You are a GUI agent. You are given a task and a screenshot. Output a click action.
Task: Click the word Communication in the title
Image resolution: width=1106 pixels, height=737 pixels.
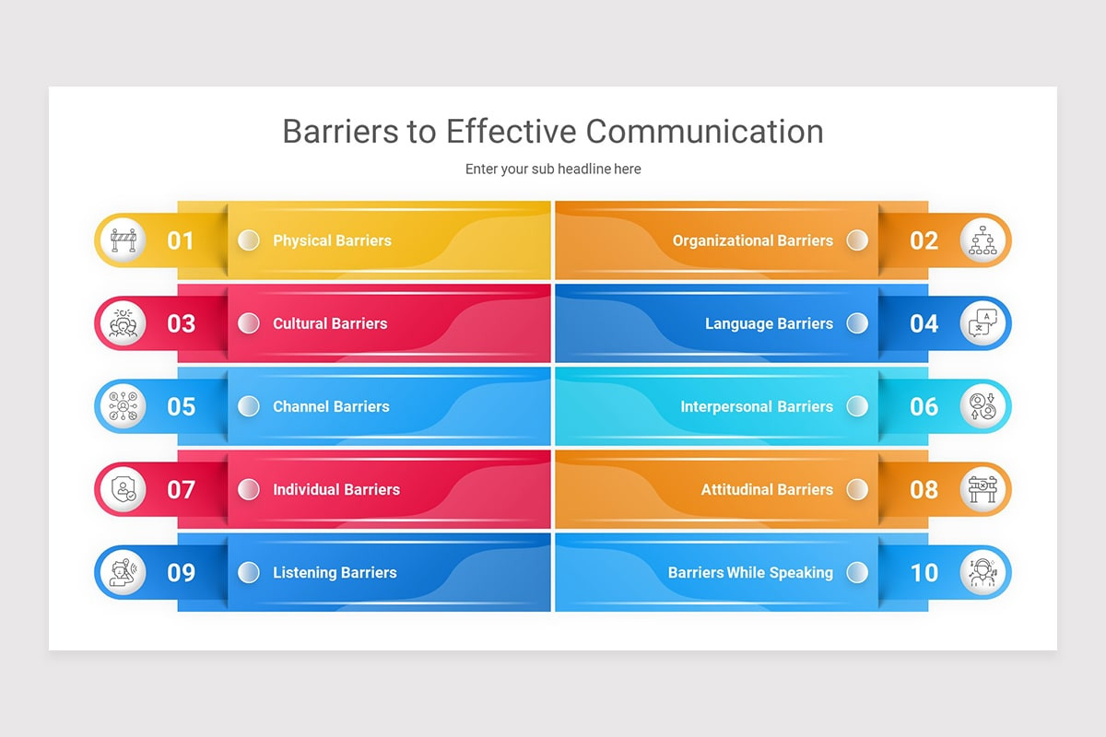click(x=704, y=131)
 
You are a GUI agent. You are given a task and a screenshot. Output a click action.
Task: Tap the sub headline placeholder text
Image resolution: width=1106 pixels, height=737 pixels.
click(x=553, y=170)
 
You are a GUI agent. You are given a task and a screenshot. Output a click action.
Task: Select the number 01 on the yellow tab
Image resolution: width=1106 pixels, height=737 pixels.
click(x=181, y=240)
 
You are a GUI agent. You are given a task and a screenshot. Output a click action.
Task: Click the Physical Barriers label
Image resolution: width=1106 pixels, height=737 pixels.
click(x=332, y=240)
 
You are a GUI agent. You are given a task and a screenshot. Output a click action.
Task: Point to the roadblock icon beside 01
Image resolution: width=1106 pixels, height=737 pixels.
click(x=123, y=240)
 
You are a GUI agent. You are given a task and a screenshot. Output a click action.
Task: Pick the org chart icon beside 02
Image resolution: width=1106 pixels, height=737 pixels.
click(x=982, y=240)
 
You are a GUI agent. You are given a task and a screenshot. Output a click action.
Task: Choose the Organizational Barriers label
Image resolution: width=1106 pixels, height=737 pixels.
click(x=752, y=240)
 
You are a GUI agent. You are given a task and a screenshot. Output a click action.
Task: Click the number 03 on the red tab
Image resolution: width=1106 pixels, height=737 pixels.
click(x=181, y=323)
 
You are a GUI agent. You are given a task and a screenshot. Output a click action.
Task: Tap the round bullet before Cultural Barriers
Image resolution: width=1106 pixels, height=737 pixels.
click(x=248, y=323)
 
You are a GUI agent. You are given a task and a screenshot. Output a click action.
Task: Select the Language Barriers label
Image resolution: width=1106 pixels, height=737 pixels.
click(x=769, y=323)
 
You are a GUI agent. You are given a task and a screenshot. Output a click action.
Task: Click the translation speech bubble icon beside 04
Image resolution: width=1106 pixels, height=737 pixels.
click(x=982, y=323)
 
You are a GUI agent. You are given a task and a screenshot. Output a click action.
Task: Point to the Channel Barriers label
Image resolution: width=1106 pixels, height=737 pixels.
click(x=331, y=406)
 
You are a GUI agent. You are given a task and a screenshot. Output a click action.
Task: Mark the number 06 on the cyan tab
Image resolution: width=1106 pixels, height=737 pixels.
click(x=924, y=406)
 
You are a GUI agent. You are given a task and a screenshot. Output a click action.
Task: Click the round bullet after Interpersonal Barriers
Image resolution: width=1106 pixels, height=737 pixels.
click(x=857, y=406)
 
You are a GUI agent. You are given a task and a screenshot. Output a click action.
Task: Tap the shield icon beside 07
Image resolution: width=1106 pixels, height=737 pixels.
click(x=123, y=489)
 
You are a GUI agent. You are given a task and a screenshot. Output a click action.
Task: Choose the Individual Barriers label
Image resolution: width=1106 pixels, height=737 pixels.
click(x=335, y=489)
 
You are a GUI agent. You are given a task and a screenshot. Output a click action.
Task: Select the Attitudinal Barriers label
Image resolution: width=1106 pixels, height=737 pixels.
click(x=767, y=489)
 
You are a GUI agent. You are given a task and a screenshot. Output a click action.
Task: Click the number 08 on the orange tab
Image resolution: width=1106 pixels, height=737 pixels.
click(x=924, y=489)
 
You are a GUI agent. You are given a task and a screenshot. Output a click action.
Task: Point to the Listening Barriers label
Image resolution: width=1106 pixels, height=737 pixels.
click(x=335, y=572)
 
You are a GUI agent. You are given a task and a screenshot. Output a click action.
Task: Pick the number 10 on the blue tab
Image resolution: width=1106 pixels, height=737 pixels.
click(x=924, y=572)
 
